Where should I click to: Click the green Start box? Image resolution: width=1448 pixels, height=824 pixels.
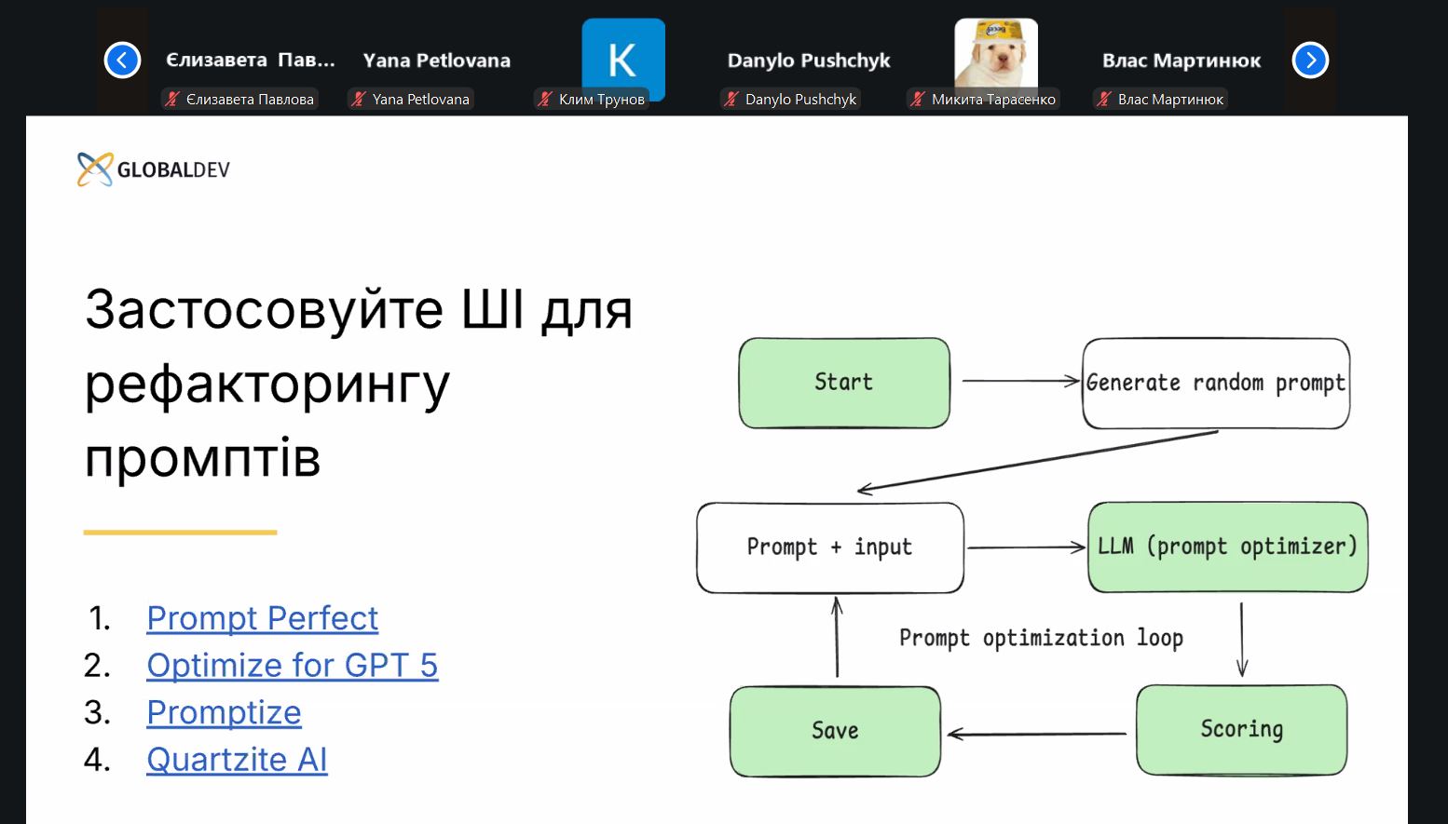point(844,383)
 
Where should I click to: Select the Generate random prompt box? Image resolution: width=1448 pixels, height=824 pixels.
point(1216,383)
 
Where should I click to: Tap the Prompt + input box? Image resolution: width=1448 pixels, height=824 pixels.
point(830,547)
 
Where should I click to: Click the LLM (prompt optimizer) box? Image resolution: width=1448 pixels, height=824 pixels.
point(1227,547)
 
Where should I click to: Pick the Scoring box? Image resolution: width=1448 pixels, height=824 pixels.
point(1242,730)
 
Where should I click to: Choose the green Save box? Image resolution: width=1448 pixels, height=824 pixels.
point(835,731)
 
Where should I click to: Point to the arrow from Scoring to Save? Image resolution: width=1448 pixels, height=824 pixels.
point(1037,734)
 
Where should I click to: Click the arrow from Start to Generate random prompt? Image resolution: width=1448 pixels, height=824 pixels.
point(1021,381)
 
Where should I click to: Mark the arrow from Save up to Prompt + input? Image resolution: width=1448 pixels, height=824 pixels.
point(837,637)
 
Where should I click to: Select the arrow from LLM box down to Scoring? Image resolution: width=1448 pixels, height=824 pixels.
point(1242,640)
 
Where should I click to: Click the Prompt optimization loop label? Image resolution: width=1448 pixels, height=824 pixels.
point(1041,638)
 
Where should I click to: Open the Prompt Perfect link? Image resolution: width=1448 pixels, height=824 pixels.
point(263,618)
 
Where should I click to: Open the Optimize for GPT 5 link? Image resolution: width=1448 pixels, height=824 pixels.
point(293,665)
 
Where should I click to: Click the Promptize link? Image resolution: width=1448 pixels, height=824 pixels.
point(224,713)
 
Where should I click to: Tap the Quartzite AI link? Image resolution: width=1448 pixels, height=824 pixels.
point(237,760)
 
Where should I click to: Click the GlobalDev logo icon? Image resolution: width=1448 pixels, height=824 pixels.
point(95,169)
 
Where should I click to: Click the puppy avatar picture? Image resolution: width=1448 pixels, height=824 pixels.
point(996,55)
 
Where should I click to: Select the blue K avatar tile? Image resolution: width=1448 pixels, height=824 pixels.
point(623,59)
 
